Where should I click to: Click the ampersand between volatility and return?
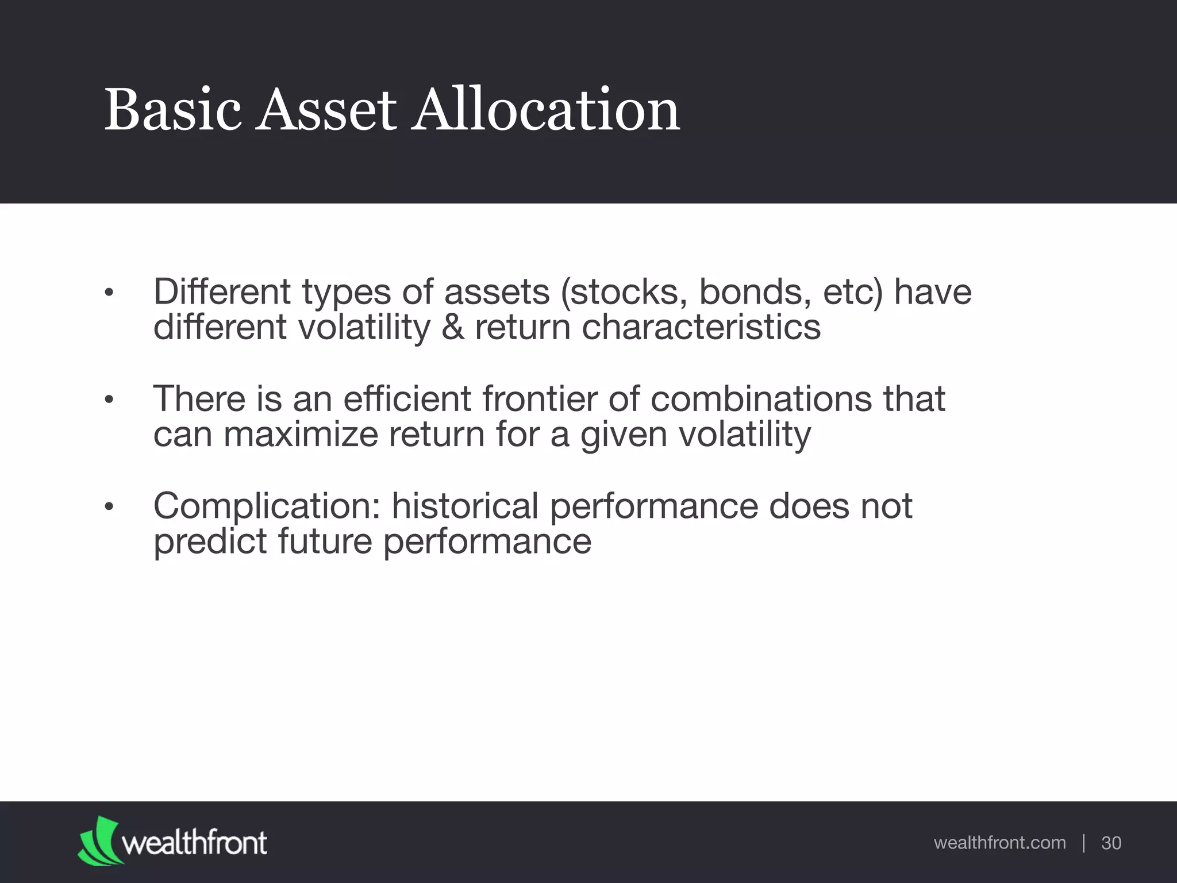[453, 328]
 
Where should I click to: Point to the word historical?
[464, 506]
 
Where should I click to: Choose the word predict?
[210, 542]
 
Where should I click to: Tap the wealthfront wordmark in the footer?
[194, 843]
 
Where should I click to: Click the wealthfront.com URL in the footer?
[999, 843]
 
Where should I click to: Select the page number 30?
[1111, 843]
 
